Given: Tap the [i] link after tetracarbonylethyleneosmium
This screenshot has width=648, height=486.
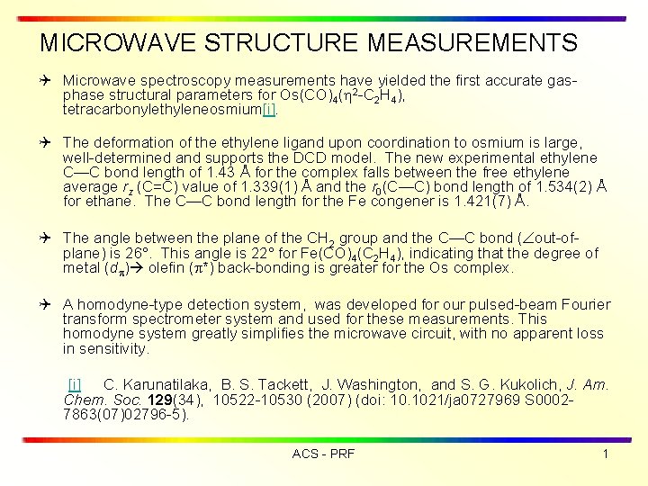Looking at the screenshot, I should tap(269, 109).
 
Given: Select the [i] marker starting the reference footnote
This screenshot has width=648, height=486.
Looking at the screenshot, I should tap(75, 385).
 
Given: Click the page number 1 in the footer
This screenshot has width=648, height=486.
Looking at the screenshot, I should tap(606, 454).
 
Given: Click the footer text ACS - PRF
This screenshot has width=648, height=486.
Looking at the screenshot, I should tap(323, 454).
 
